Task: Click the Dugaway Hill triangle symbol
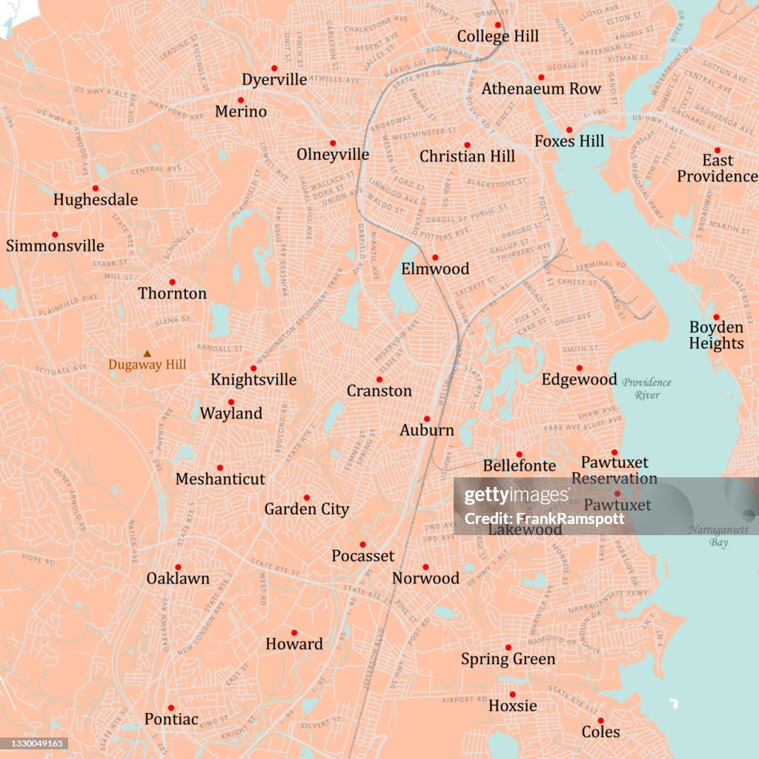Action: (147, 354)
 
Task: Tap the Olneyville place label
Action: (333, 154)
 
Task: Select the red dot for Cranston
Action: (379, 379)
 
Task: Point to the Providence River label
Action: (647, 388)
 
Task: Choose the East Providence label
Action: (717, 168)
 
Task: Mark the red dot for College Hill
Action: (498, 24)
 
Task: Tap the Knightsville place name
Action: (253, 379)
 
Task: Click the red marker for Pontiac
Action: (170, 708)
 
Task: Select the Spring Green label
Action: (508, 659)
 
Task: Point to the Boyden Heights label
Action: (716, 335)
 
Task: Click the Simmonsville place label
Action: (55, 245)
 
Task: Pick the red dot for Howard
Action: (294, 633)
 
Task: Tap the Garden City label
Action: (306, 509)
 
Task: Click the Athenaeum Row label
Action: (541, 89)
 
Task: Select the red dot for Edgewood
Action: (580, 368)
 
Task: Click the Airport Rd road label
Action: (463, 699)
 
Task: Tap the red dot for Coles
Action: (600, 720)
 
